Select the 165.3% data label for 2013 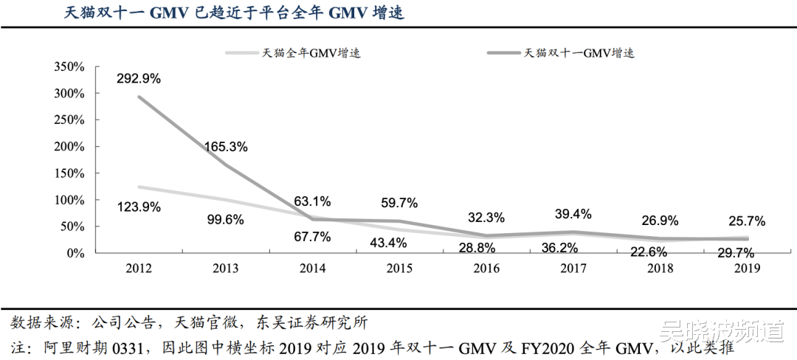226,146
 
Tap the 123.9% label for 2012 139,207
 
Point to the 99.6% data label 226,219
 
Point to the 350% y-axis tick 72,67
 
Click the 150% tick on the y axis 72,173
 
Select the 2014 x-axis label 312,269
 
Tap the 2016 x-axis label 485,269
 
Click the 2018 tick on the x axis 659,269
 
